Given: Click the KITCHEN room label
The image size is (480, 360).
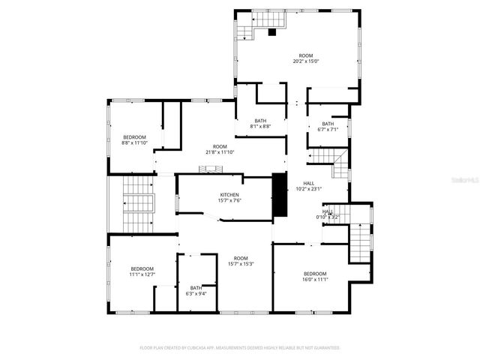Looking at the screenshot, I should click(x=229, y=195).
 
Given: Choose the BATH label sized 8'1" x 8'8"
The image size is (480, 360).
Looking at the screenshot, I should click(x=260, y=121).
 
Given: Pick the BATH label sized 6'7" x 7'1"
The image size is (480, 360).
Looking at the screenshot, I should click(x=328, y=124).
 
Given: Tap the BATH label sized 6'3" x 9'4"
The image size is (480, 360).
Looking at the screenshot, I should click(x=196, y=288).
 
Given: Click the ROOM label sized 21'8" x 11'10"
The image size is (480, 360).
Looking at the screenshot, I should click(x=219, y=146).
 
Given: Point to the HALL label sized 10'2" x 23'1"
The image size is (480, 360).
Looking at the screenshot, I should click(x=309, y=183).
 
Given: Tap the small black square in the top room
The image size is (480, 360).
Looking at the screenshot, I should click(x=271, y=32).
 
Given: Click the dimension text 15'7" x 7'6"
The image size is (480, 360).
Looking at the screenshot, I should click(x=229, y=200).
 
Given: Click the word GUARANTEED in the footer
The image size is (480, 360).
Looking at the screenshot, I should click(x=323, y=348).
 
